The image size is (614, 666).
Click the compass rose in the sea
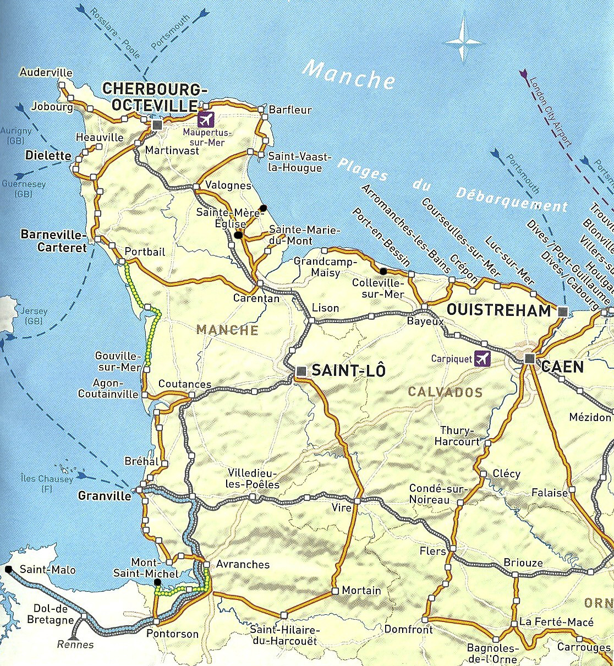click(463, 41)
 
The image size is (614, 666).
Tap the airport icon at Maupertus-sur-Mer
click(205, 119)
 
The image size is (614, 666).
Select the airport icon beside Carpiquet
click(482, 358)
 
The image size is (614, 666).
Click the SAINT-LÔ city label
click(348, 370)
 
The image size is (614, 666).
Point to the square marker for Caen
click(529, 359)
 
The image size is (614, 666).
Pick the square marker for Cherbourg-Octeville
click(157, 125)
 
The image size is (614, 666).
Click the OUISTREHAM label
click(498, 310)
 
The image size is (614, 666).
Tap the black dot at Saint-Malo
click(8, 569)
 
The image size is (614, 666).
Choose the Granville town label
click(105, 495)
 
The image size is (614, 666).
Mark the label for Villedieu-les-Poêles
click(253, 479)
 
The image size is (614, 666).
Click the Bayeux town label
click(425, 321)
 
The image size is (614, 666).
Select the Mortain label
click(361, 591)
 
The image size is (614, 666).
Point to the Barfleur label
click(290, 110)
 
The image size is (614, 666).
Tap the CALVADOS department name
click(445, 392)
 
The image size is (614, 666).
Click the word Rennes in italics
click(75, 645)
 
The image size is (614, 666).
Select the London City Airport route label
click(550, 112)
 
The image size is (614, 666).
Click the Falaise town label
click(549, 493)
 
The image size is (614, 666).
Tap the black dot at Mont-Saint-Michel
click(157, 582)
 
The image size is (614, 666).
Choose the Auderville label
click(46, 72)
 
